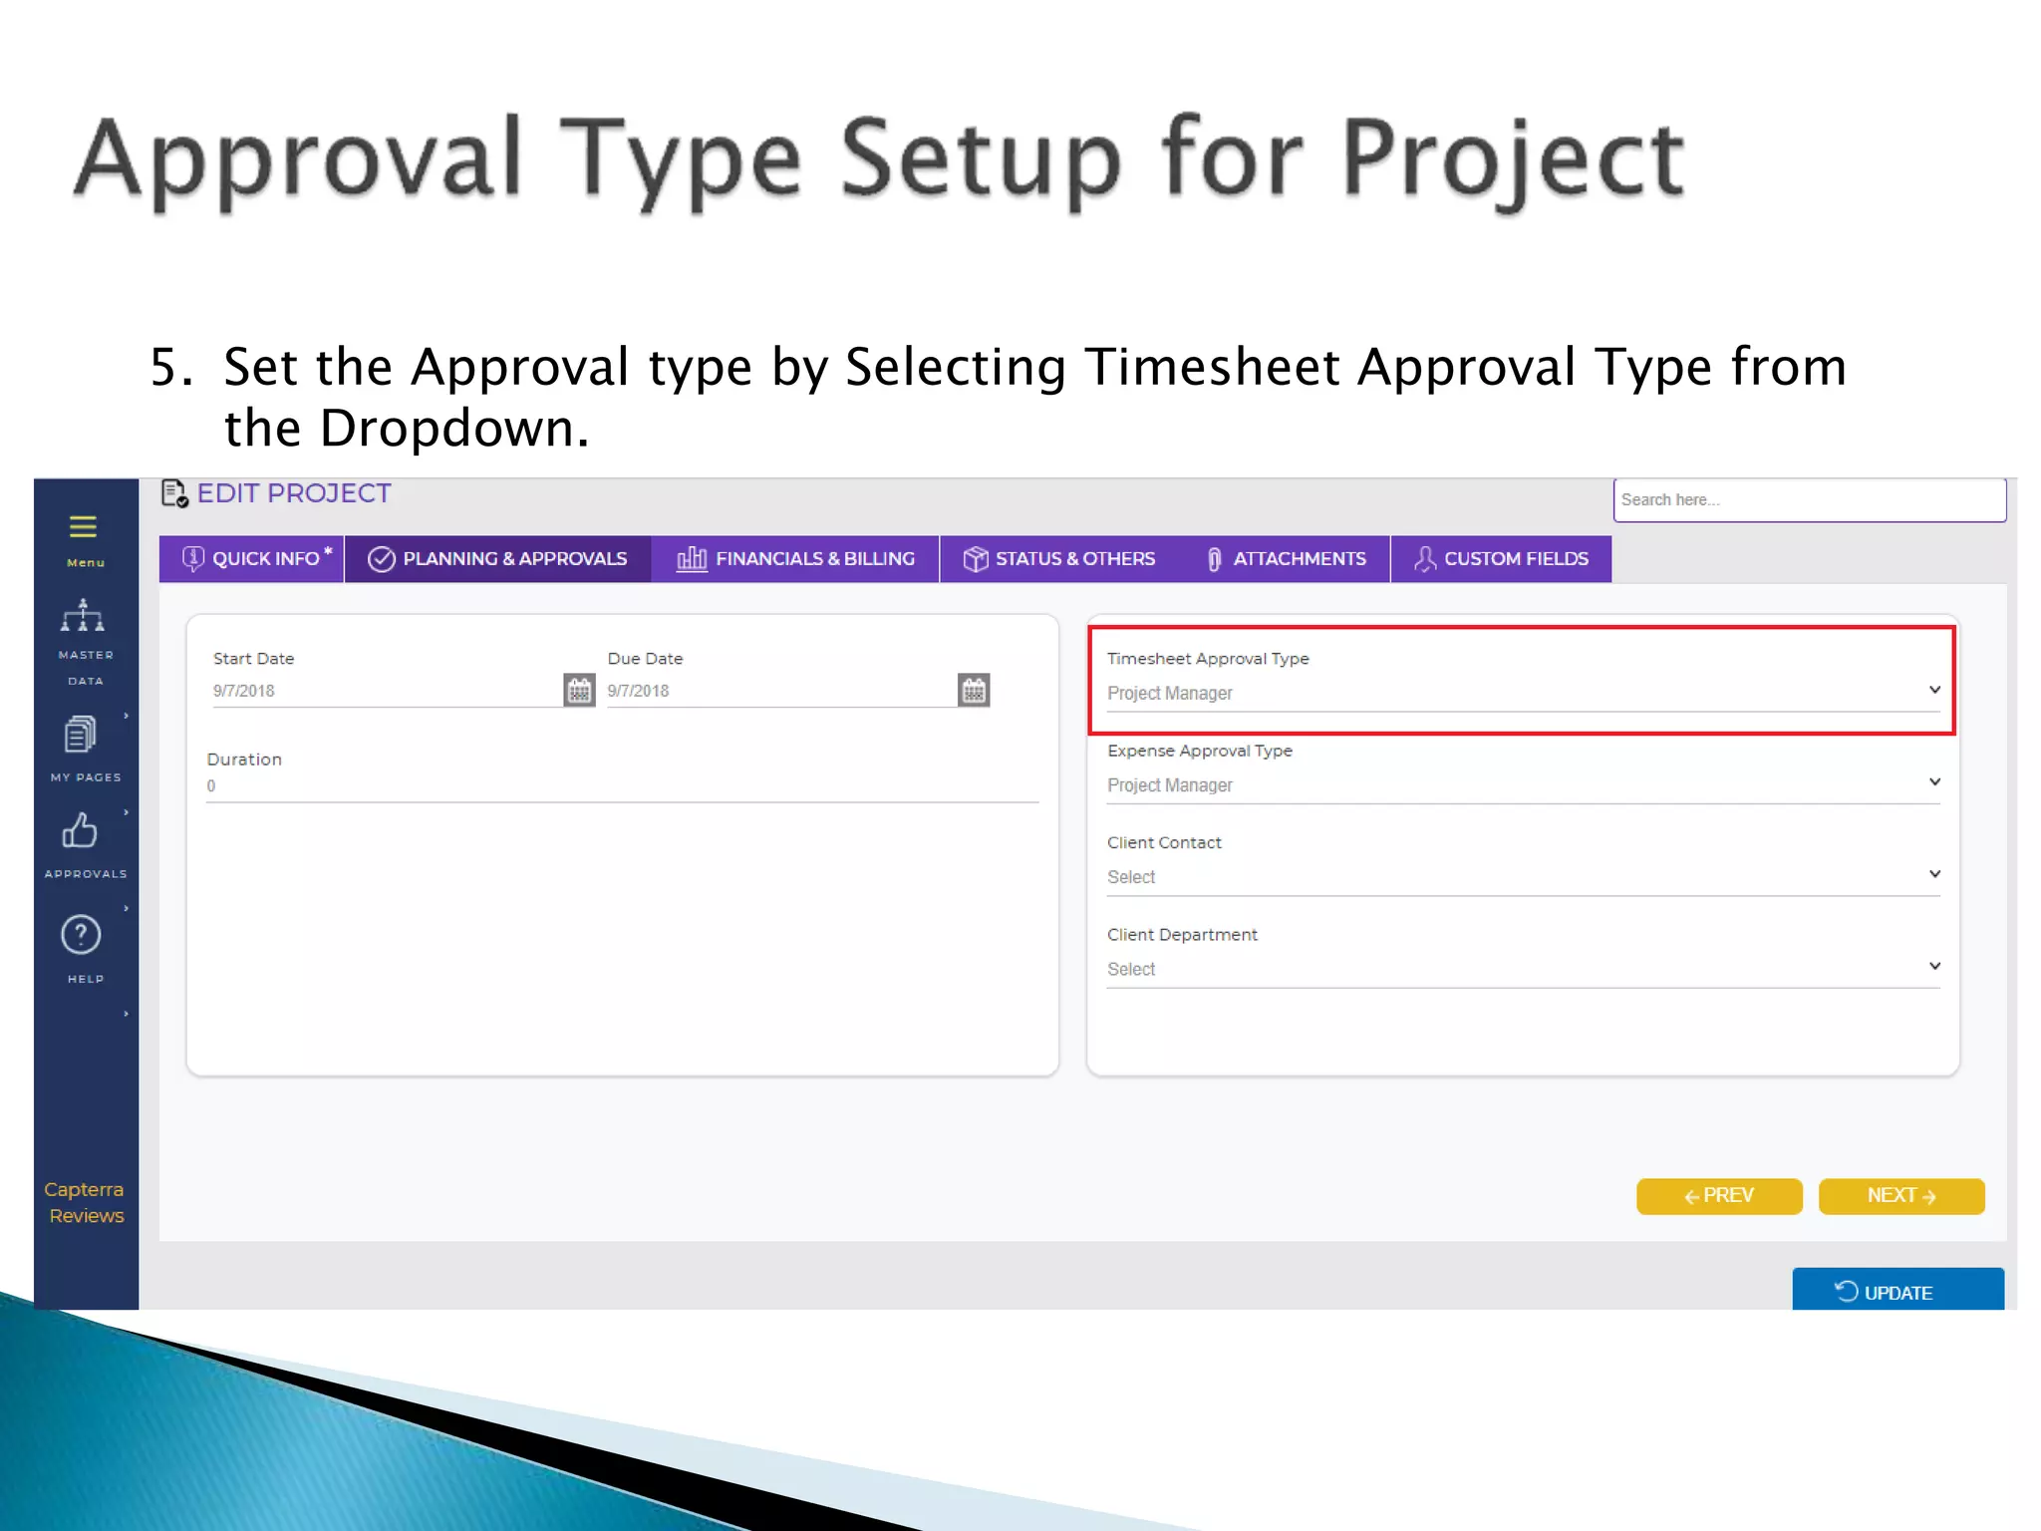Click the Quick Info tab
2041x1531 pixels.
[x=253, y=559]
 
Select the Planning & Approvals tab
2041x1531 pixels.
[x=497, y=559]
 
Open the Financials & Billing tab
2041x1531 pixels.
[x=795, y=559]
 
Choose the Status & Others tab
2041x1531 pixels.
[x=1059, y=559]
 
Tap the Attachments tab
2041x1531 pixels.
[x=1286, y=559]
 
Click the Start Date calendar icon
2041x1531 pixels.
[x=579, y=690]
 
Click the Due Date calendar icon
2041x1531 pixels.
[x=974, y=690]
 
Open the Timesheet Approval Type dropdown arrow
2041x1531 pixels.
[x=1934, y=690]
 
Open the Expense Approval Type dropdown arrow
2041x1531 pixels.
[x=1934, y=782]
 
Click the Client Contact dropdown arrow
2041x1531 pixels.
[x=1934, y=874]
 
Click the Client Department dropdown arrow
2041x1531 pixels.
[x=1934, y=966]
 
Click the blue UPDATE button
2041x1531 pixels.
[x=1897, y=1292]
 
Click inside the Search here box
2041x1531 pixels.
[x=1808, y=500]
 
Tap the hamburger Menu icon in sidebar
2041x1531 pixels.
[x=84, y=528]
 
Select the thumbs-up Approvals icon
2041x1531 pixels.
[x=82, y=831]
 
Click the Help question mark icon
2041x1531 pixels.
[x=82, y=935]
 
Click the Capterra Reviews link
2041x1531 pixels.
[x=86, y=1202]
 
